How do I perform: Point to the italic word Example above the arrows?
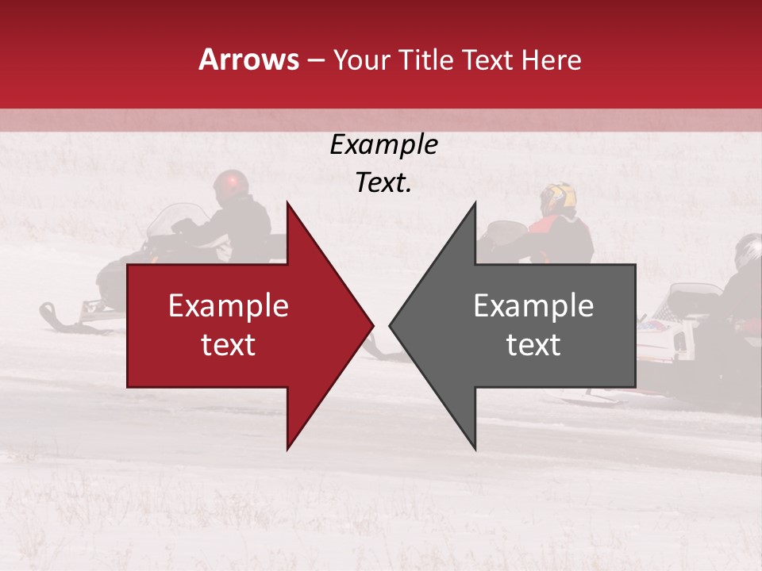tap(383, 145)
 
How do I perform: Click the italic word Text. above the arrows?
tap(383, 183)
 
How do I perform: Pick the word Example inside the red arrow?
tap(229, 306)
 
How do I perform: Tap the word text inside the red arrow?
tap(229, 345)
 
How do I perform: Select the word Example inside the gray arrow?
tap(533, 306)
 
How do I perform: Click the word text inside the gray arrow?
tap(533, 345)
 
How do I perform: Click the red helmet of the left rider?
tap(229, 183)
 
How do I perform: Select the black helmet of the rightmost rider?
tap(747, 251)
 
